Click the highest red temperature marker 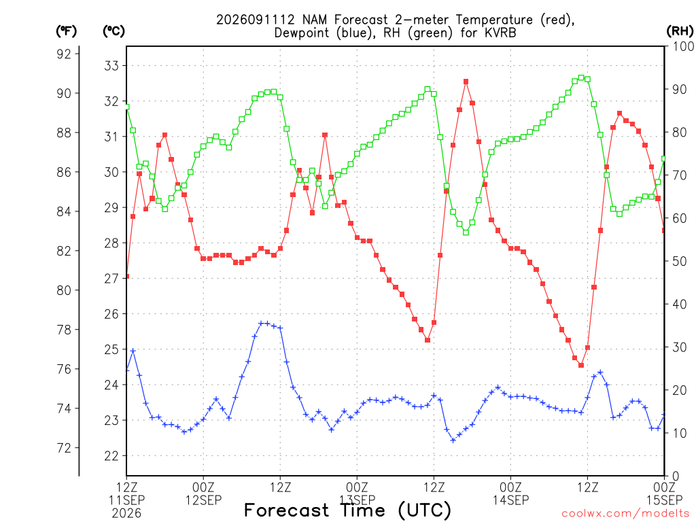tap(466, 82)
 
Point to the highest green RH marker tap(581, 77)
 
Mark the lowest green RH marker tap(466, 232)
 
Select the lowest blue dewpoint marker tap(453, 440)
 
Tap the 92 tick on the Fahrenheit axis tap(64, 54)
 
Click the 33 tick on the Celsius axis tap(111, 66)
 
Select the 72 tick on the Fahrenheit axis tap(64, 448)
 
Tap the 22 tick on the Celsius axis tap(111, 456)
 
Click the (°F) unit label tap(66, 31)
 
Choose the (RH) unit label tap(680, 31)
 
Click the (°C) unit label tap(114, 31)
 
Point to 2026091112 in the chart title tap(256, 20)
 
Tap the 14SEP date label tap(511, 500)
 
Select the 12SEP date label tap(204, 500)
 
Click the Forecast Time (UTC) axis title tap(347, 510)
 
